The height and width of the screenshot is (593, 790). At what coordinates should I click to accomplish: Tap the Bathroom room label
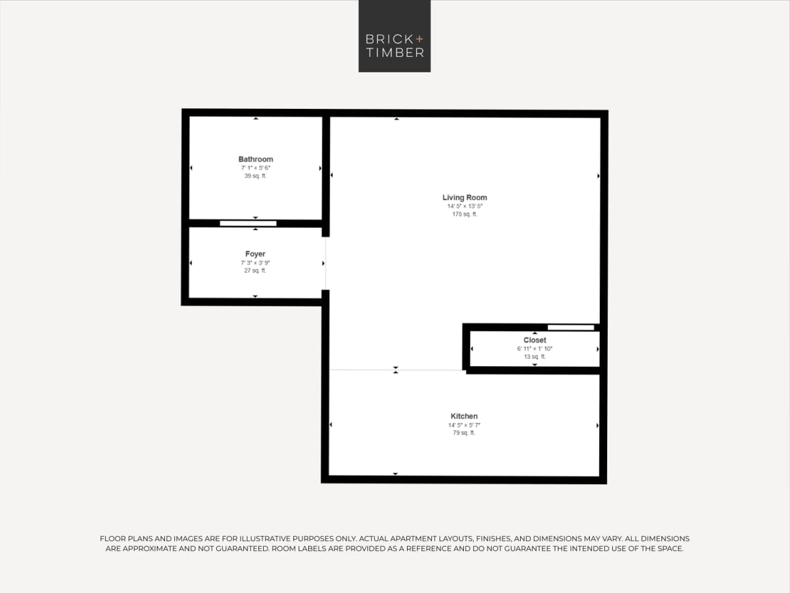coord(256,160)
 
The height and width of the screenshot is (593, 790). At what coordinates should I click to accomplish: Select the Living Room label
coord(464,198)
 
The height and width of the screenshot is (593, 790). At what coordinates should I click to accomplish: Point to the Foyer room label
coord(255,254)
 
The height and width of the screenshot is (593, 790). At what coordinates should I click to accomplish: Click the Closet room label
coord(535,340)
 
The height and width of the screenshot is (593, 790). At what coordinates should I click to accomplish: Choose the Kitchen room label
coord(464,417)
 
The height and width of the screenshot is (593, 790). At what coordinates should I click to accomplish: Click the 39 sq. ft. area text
coord(256,176)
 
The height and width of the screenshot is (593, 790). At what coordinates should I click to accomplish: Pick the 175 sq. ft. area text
coord(464,215)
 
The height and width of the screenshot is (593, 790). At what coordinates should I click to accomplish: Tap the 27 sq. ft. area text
coord(255,271)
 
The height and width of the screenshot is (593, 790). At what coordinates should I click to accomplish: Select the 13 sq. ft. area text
coord(535,357)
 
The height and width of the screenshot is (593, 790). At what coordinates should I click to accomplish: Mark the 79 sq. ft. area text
coord(464,433)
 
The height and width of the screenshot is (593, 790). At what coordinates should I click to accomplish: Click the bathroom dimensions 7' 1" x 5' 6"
coord(256,168)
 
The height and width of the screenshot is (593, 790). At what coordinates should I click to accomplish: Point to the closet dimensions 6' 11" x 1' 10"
coord(535,349)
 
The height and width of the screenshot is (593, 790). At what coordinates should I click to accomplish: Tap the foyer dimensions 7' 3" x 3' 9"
coord(255,263)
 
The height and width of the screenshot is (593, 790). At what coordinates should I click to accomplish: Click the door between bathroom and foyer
coord(248,223)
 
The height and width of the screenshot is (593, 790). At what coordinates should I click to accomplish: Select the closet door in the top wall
coord(571,327)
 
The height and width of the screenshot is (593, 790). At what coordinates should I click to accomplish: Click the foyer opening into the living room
coord(326,263)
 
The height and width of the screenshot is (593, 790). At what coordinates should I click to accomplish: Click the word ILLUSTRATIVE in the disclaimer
coord(264,539)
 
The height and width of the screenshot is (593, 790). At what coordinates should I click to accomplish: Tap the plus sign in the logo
coord(420,39)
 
